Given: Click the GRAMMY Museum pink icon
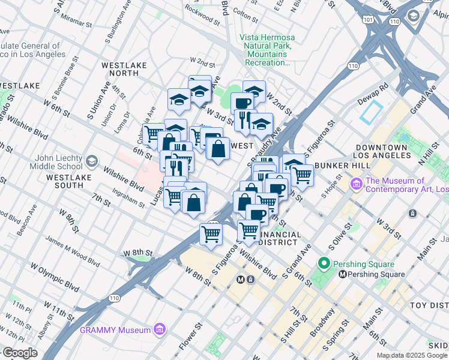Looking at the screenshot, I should click(160, 329).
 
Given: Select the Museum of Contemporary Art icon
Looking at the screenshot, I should click(356, 181).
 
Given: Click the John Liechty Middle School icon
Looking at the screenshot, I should click(91, 161).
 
